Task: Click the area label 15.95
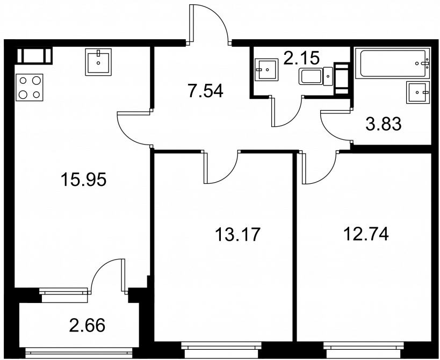84,179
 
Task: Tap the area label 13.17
238,234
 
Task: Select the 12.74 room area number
366,234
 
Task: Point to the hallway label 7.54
206,91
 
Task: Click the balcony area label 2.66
87,325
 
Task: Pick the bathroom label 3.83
384,124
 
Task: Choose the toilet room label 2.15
301,58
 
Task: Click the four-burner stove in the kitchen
30,87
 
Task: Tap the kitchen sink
98,62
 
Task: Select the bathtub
392,63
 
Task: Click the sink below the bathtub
418,92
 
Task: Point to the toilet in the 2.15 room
316,76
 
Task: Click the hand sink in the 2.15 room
266,70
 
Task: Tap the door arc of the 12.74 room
326,176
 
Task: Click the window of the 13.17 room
221,349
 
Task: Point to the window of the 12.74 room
364,349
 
